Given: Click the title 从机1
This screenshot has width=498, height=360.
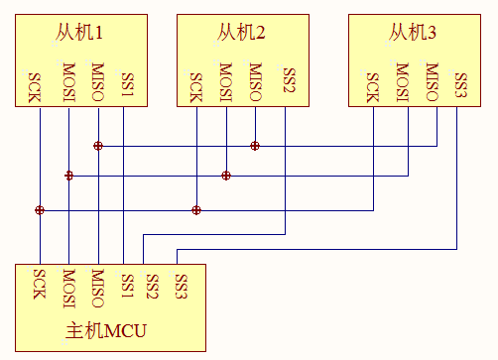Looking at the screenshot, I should pyautogui.click(x=80, y=34).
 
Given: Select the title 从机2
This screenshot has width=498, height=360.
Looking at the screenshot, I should pyautogui.click(x=241, y=34).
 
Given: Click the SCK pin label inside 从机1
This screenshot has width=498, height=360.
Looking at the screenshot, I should pyautogui.click(x=39, y=87).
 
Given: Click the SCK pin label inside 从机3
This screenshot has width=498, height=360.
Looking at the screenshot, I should pyautogui.click(x=373, y=87).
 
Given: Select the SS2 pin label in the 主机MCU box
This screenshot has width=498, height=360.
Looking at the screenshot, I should pyautogui.click(x=153, y=288).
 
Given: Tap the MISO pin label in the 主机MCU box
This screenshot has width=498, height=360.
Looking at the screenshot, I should pyautogui.click(x=97, y=288).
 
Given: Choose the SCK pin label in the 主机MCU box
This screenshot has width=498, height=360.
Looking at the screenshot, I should pyautogui.click(x=39, y=286).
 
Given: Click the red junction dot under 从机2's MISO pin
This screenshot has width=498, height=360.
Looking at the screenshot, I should pyautogui.click(x=255, y=146).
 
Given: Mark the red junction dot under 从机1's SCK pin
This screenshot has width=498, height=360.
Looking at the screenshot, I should pyautogui.click(x=40, y=210).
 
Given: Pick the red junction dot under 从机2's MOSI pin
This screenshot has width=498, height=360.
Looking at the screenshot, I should pyautogui.click(x=226, y=176).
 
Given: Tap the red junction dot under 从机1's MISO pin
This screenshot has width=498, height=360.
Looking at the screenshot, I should pyautogui.click(x=97, y=146).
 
